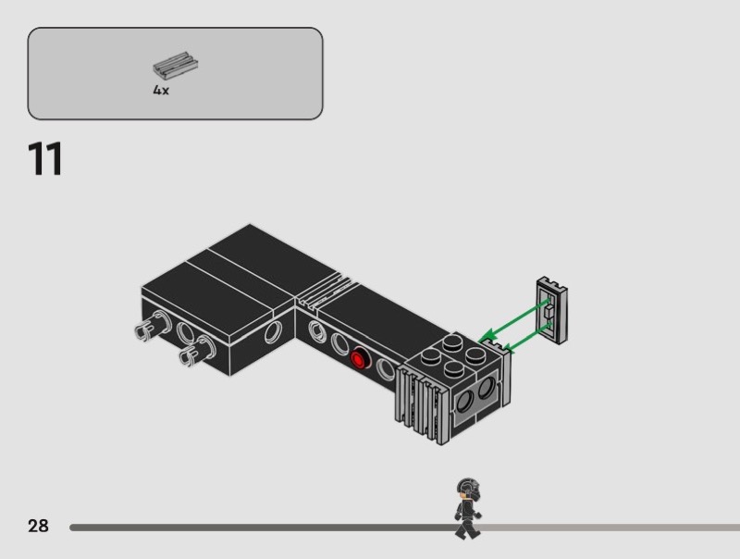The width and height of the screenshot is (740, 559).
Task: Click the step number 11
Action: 45,158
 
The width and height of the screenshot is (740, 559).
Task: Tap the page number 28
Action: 38,526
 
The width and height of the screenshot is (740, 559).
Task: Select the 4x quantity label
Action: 161,90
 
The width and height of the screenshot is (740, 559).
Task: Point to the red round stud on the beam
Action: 360,359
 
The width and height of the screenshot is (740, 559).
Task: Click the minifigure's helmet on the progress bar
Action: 468,489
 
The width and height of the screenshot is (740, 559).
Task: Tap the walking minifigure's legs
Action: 467,528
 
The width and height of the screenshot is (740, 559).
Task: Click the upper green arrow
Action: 514,319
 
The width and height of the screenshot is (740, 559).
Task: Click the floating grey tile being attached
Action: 551,310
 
